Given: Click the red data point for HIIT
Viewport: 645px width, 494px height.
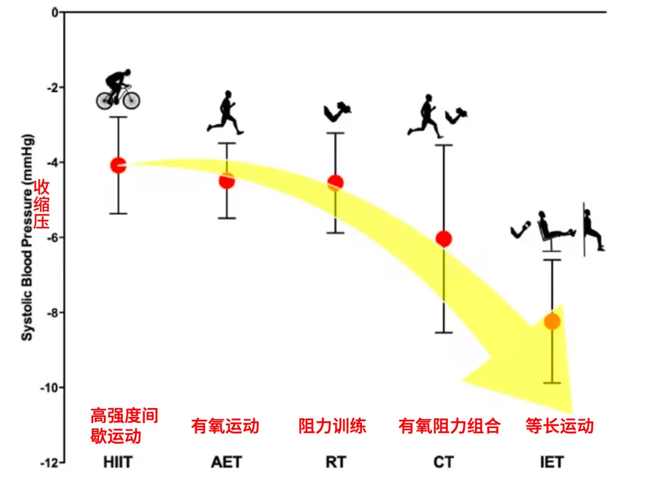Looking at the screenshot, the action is tap(118, 165).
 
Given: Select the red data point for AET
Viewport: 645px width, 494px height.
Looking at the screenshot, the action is tap(227, 180).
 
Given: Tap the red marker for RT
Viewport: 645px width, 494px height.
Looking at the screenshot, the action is tap(335, 183).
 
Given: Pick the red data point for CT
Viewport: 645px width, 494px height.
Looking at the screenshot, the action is tap(444, 238).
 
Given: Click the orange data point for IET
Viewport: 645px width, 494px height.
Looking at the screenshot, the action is tap(552, 321).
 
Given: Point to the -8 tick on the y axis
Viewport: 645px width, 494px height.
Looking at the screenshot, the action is tap(62, 312).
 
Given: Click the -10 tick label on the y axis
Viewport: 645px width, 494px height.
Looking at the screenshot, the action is tap(48, 388).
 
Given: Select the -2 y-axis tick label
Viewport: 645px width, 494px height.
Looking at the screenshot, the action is tap(52, 88).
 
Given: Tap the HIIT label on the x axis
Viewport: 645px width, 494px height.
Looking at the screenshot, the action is tap(118, 462).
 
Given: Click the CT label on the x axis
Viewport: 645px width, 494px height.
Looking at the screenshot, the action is tap(443, 462).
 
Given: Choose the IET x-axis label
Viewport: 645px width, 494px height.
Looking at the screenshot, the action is tap(552, 462).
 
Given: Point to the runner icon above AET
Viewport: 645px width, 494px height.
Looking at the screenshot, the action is tap(225, 112).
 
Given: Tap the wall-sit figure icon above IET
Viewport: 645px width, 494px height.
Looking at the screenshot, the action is tap(593, 229).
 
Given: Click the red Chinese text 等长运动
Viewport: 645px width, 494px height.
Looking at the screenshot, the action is tap(560, 426).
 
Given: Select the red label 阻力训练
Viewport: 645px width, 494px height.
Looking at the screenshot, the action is tap(332, 426).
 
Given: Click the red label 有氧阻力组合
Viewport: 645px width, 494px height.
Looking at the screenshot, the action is tap(449, 426).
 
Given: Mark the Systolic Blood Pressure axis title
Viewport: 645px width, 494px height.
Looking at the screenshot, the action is tap(27, 238).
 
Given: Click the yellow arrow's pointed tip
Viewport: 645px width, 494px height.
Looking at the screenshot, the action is tap(572, 413).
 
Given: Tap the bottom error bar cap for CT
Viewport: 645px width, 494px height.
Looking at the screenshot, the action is tap(444, 332).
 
